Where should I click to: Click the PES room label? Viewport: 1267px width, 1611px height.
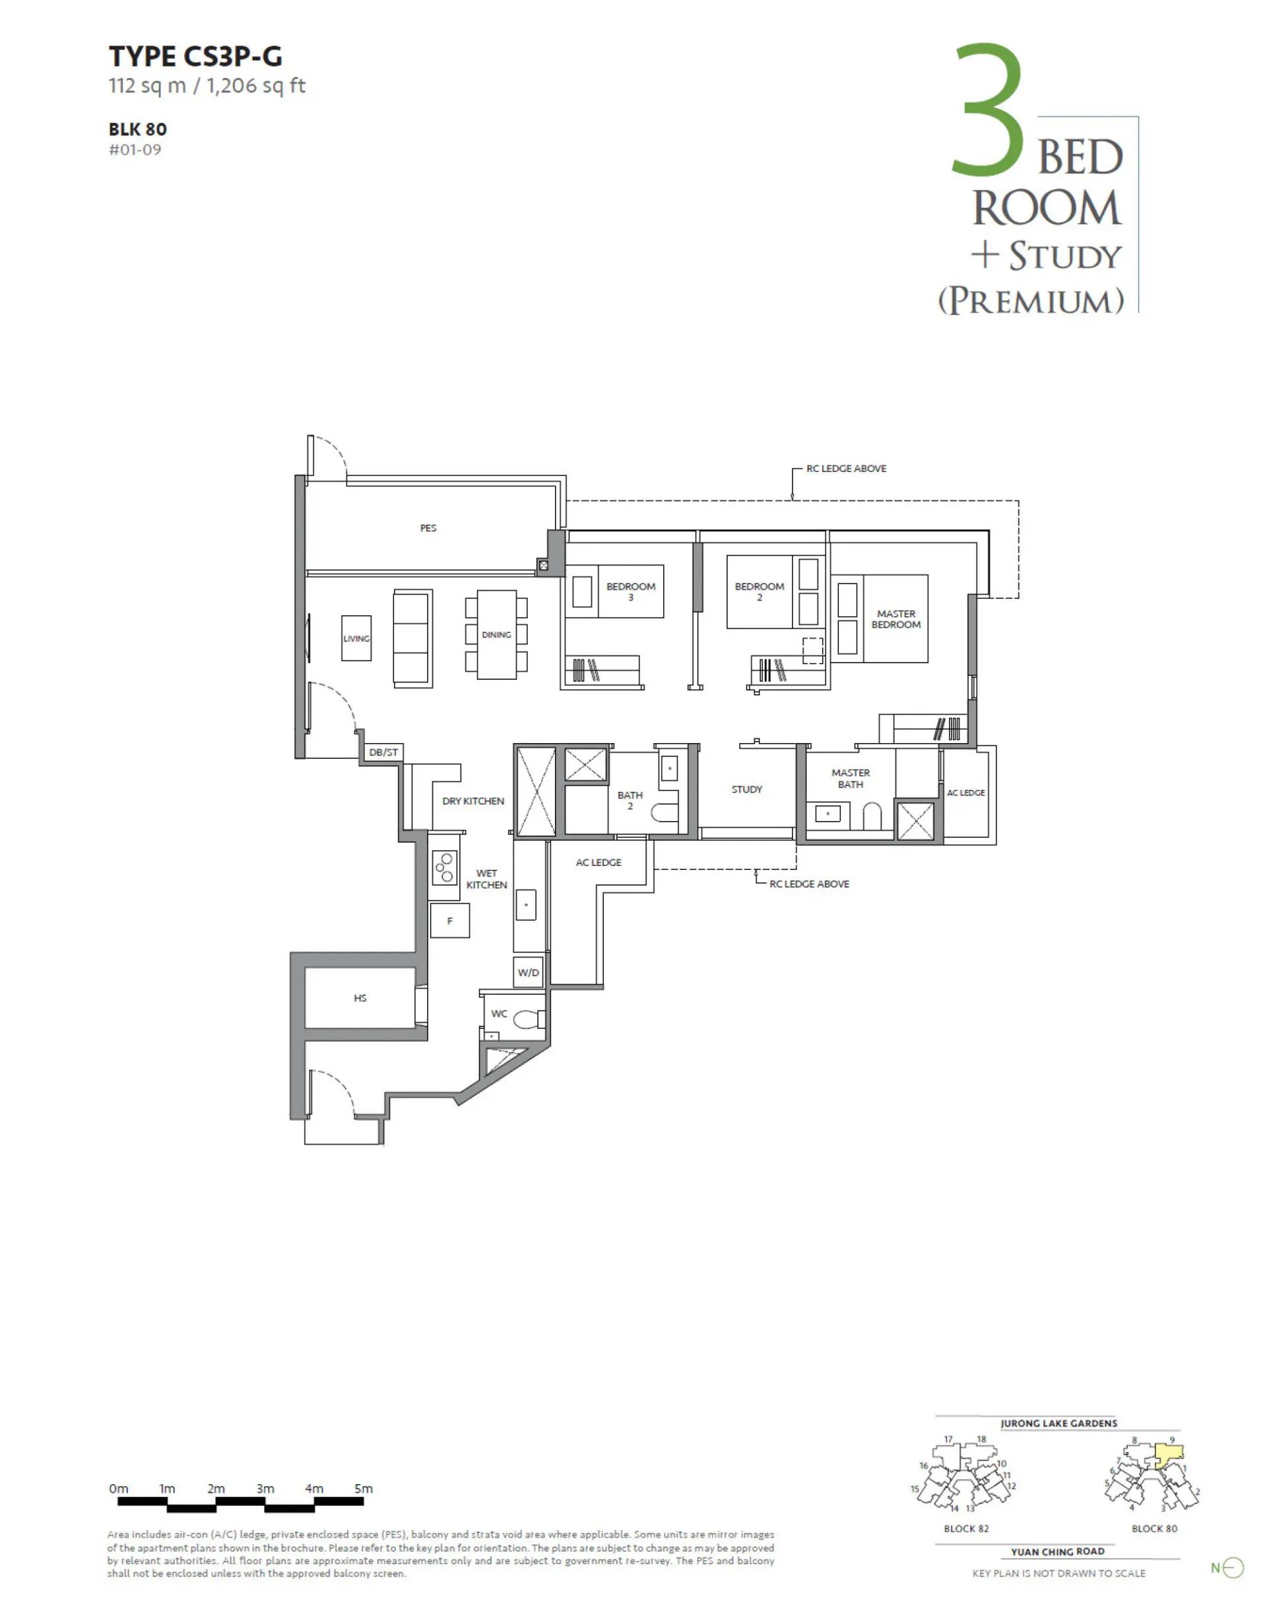(428, 528)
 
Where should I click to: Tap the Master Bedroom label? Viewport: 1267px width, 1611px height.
(896, 619)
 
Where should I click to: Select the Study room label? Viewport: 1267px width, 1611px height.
(747, 789)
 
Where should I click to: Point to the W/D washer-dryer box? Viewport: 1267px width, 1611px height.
(529, 972)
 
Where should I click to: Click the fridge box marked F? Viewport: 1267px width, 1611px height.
(449, 921)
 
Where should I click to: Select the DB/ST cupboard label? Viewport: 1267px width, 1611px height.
(383, 752)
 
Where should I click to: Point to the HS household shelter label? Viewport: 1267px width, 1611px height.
(360, 999)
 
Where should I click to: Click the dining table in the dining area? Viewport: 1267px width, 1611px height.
(496, 635)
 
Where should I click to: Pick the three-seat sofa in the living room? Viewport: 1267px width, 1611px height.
(412, 639)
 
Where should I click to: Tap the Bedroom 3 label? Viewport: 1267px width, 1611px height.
(631, 592)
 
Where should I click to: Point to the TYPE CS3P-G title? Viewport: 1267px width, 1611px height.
(196, 56)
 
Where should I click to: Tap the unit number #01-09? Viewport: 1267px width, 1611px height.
(135, 150)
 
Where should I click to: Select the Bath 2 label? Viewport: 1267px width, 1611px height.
(630, 801)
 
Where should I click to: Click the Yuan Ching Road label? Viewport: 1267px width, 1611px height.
(1058, 1551)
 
